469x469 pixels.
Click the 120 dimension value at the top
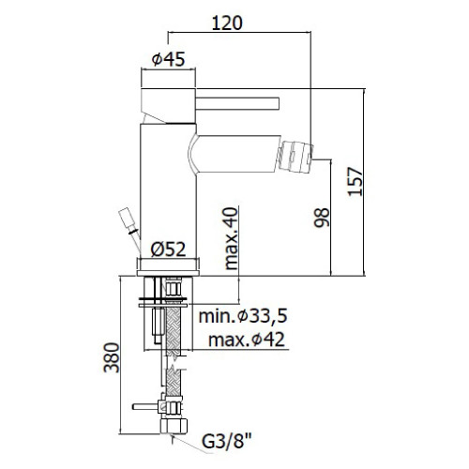(227, 23)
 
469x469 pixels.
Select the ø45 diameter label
(168, 59)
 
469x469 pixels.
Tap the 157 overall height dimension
(356, 182)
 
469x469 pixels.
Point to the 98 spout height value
(322, 218)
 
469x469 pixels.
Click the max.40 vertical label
(231, 238)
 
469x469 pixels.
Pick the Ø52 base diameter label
(168, 250)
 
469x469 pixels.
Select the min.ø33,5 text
(243, 316)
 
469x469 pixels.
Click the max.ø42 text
(247, 340)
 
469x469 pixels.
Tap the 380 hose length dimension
(112, 357)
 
